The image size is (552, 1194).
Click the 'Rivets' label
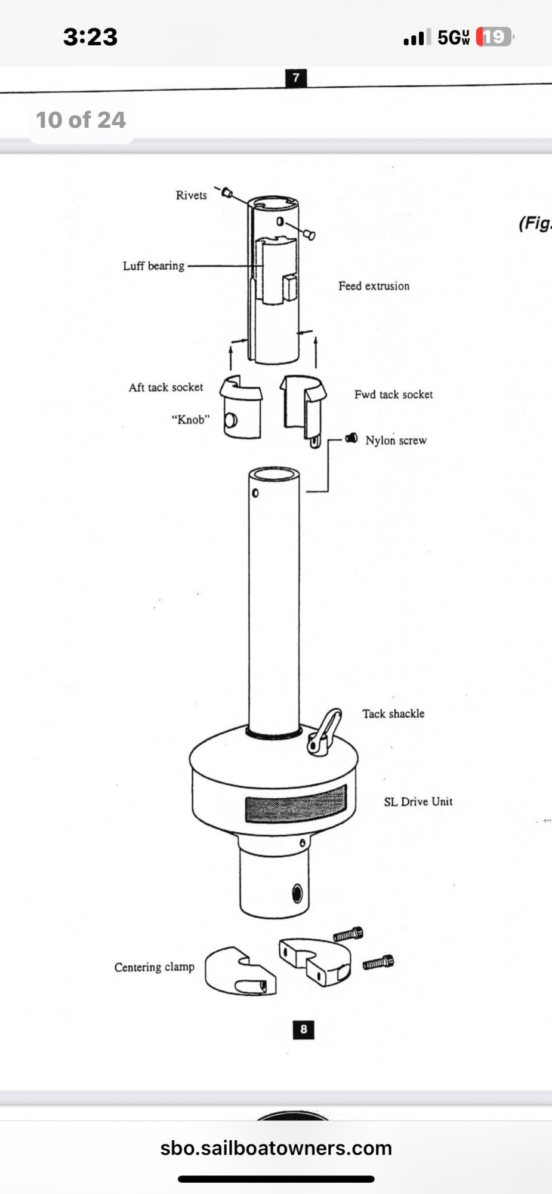coord(191,195)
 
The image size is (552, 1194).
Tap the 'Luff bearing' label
coord(153,266)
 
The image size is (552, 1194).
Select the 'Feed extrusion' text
coord(374,286)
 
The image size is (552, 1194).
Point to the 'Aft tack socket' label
coord(166,387)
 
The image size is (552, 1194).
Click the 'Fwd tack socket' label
coord(393,395)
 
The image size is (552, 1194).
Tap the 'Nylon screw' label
coord(396,441)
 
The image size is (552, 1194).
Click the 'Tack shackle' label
coord(393,713)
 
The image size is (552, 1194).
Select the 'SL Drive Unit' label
coord(418,802)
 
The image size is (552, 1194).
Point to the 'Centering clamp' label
coord(155,967)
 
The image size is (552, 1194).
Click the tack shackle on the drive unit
coord(325,731)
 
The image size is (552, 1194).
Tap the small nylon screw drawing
coord(352,439)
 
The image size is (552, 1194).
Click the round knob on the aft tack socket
coord(230,420)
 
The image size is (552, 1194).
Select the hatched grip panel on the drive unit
coord(295,804)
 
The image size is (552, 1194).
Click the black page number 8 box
coord(304,1029)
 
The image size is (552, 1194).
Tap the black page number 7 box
coord(296,78)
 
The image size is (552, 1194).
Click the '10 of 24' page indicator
coord(81,120)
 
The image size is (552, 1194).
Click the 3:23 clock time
coord(91,37)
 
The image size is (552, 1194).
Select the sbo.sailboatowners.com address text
coord(276,1148)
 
